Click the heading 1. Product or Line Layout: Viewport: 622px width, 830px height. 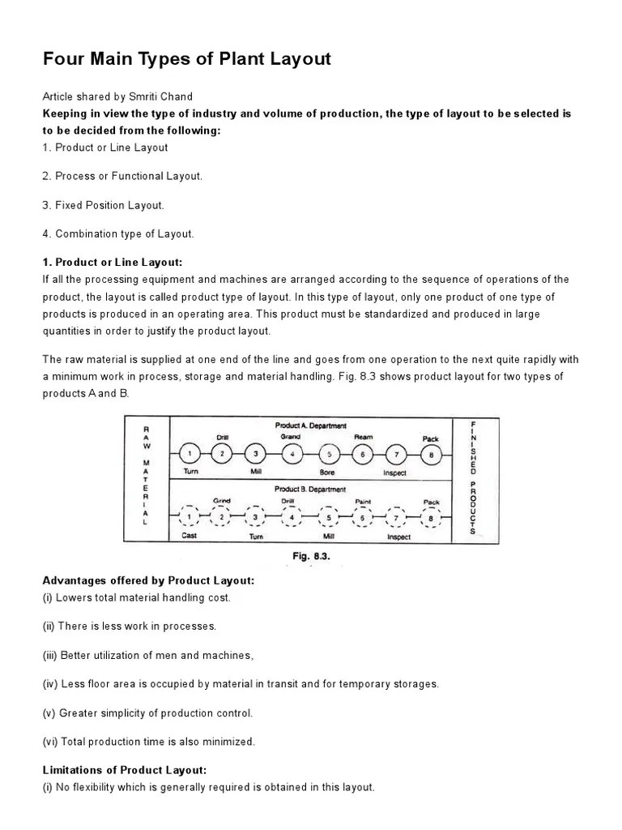[113, 263]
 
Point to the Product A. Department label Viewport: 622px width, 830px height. [310, 426]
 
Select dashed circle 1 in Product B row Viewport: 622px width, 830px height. [189, 516]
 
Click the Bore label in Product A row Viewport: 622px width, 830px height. [327, 472]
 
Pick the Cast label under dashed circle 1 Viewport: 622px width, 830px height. [190, 536]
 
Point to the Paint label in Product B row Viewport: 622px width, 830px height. [363, 501]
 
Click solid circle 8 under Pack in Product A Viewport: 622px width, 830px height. [431, 455]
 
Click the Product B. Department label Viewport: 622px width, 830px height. [310, 490]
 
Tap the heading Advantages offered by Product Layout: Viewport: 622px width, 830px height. [148, 580]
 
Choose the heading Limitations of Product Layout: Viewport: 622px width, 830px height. [125, 770]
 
